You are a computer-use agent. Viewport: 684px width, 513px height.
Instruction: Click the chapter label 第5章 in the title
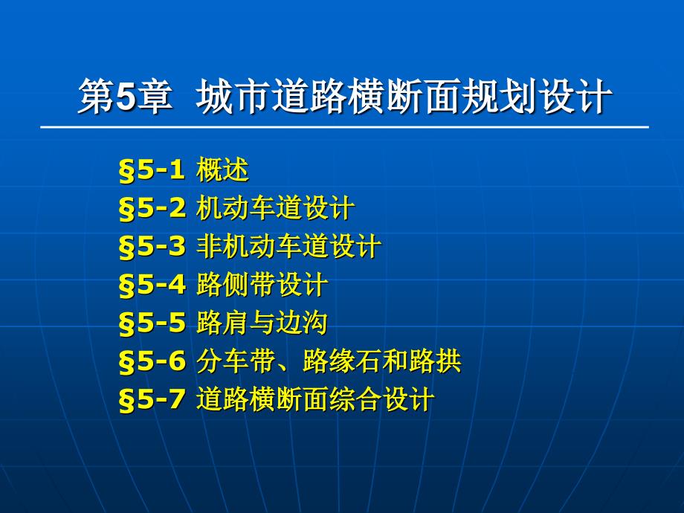click(125, 97)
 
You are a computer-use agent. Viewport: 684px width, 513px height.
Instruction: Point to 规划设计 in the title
click(537, 97)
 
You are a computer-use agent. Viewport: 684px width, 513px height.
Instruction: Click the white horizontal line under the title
click(345, 127)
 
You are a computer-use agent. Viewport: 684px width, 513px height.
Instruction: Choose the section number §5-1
click(152, 170)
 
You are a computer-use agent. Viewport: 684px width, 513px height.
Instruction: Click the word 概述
click(222, 170)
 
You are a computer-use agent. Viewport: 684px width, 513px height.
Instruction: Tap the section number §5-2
click(152, 208)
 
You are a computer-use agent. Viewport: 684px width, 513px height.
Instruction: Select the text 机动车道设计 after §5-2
click(275, 208)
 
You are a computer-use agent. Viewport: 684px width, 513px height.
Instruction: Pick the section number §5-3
click(152, 247)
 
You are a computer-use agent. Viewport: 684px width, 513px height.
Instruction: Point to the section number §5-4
click(152, 285)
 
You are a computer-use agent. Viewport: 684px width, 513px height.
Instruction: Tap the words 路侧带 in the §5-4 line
click(236, 285)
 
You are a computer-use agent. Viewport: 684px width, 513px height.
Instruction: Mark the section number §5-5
click(152, 323)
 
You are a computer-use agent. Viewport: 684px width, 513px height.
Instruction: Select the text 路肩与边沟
click(262, 323)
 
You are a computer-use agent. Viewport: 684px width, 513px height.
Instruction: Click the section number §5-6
click(152, 361)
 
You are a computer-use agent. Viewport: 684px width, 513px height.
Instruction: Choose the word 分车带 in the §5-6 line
click(236, 361)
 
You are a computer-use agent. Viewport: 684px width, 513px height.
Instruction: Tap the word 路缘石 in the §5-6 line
click(342, 361)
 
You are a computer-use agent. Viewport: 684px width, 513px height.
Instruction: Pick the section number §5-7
click(152, 399)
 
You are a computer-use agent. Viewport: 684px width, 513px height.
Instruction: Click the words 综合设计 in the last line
click(381, 399)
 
